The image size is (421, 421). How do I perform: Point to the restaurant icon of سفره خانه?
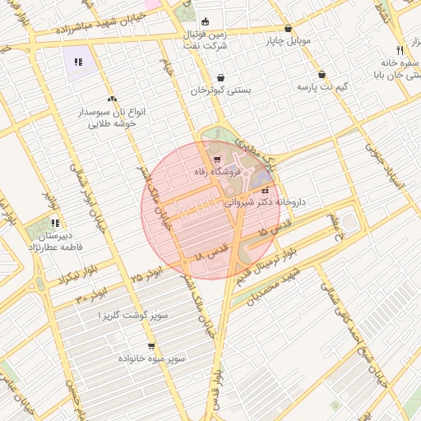[x=400, y=49]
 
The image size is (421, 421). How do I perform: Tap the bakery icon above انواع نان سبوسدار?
[x=112, y=98]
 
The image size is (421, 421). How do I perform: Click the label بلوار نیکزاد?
[x=60, y=277]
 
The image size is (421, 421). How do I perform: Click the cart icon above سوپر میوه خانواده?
[x=150, y=347]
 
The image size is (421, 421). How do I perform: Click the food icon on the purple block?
[x=78, y=61]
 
